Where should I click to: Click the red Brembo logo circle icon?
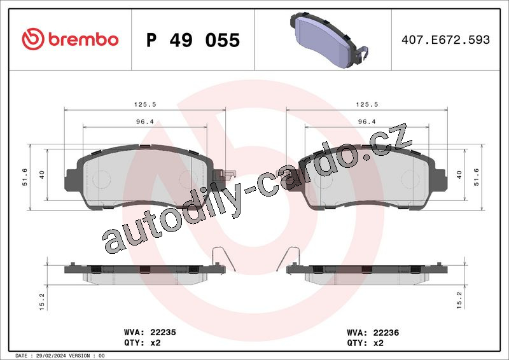[33, 39]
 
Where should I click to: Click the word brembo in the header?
[83, 39]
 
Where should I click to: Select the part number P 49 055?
[193, 40]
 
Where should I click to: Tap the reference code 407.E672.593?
[445, 39]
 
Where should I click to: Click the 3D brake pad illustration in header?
[329, 40]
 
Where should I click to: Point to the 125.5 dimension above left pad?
[145, 104]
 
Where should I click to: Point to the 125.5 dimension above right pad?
[367, 104]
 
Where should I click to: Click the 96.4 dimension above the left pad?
[145, 121]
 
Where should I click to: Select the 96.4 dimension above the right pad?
[366, 121]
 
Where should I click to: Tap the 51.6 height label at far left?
[25, 177]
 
